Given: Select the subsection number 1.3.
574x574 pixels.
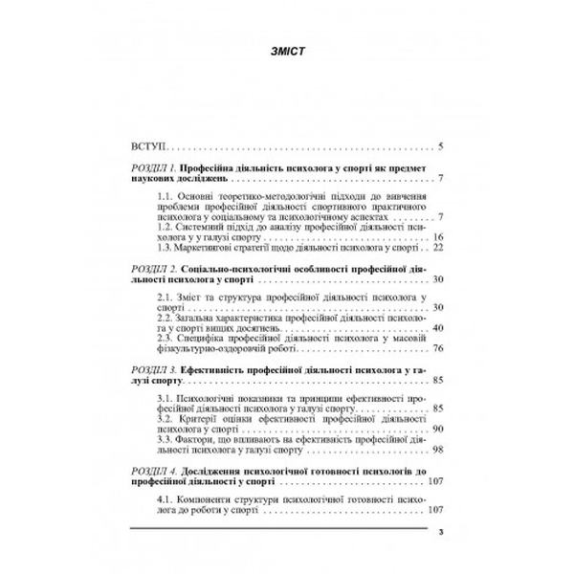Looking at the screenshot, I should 165,247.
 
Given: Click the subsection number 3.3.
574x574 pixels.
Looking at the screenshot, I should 165,440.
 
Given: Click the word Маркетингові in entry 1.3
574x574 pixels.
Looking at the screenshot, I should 209,247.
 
